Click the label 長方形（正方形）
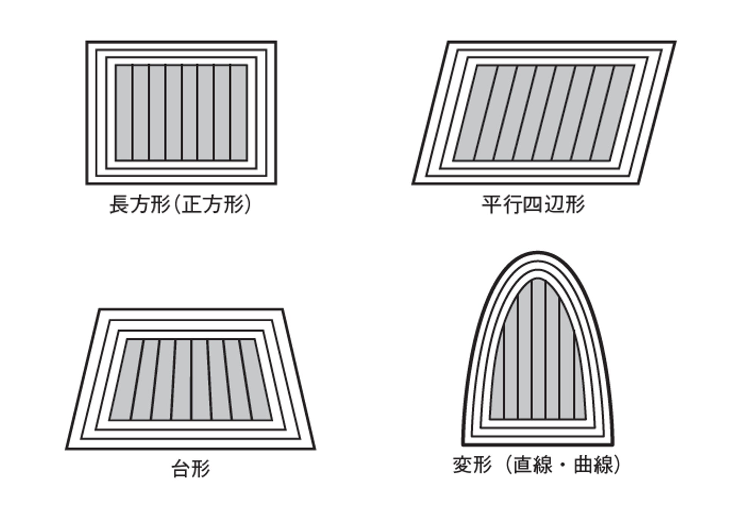click(x=180, y=205)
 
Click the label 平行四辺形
click(x=533, y=205)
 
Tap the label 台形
click(x=191, y=469)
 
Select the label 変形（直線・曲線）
click(x=537, y=465)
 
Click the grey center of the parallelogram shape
click(x=544, y=113)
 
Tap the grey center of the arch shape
click(x=538, y=360)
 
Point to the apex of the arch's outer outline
click(x=538, y=252)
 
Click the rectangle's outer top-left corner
click(x=87, y=42)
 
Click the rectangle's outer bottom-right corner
click(x=276, y=184)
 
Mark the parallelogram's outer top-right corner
click(x=675, y=42)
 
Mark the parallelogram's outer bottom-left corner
click(x=413, y=184)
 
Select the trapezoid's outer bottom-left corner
click(x=66, y=449)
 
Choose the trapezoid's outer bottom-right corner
click(x=315, y=449)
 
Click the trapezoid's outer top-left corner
click(x=99, y=309)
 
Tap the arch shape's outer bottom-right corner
click(x=613, y=445)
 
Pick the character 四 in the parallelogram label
click(x=533, y=205)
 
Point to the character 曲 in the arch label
click(x=584, y=465)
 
